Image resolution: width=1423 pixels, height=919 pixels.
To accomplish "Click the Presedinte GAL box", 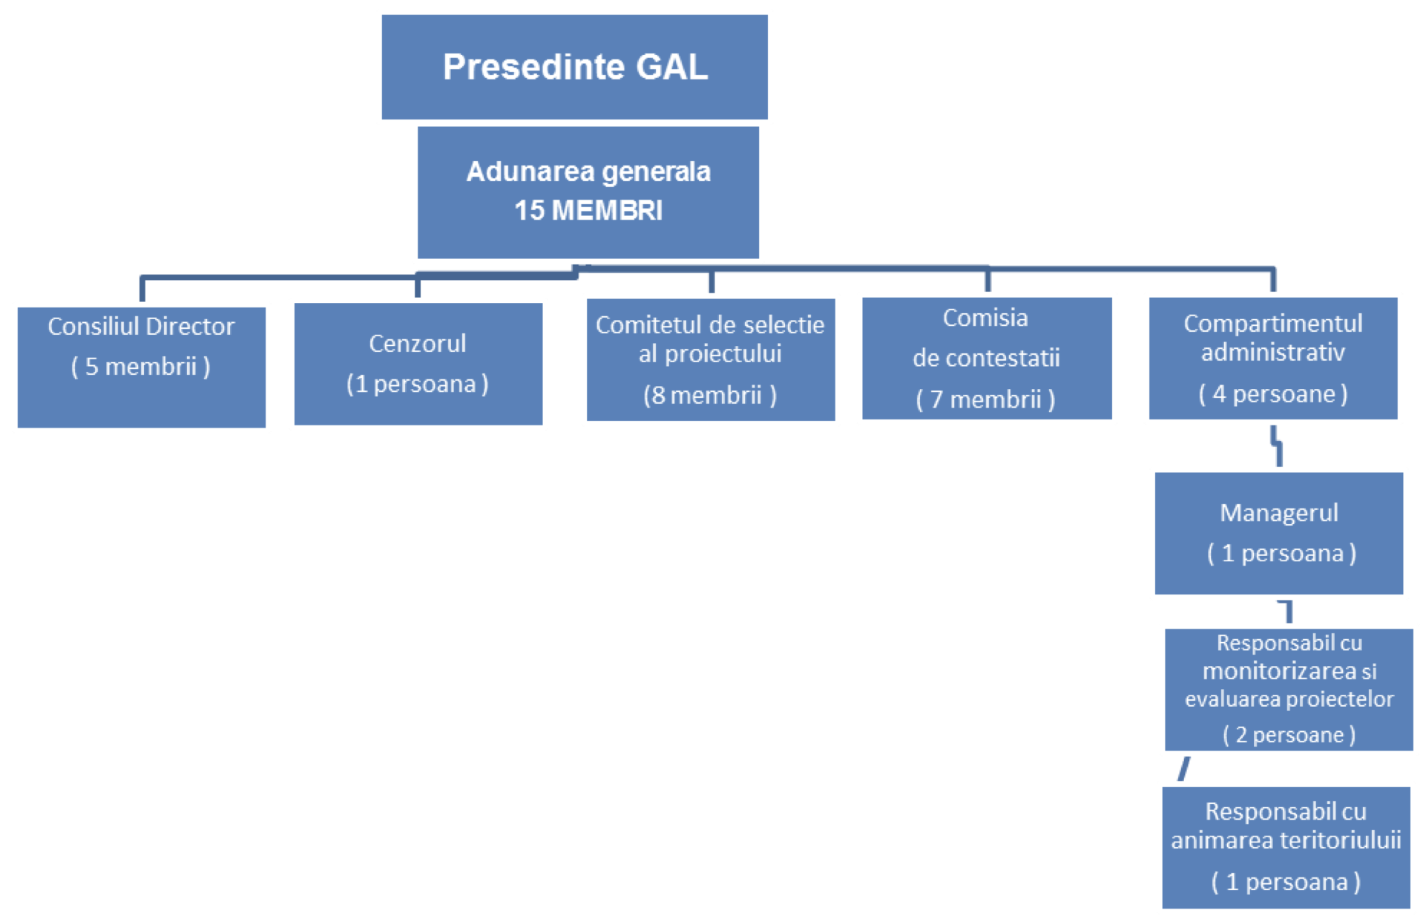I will [574, 67].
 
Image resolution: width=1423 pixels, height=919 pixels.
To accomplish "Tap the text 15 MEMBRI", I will [588, 210].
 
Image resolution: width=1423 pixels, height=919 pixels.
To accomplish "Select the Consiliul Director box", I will [141, 367].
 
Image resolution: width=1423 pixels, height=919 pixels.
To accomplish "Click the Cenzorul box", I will [418, 364].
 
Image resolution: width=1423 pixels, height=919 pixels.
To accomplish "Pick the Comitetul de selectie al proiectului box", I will [710, 359].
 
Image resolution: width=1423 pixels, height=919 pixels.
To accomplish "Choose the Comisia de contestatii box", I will [986, 359].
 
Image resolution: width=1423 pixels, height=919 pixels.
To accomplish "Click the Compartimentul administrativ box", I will [1272, 358].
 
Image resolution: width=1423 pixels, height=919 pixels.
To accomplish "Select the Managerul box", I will [1278, 533].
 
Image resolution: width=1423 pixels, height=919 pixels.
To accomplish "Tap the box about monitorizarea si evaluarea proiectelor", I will [1289, 689].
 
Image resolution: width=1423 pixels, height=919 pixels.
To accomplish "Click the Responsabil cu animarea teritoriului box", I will [1286, 847].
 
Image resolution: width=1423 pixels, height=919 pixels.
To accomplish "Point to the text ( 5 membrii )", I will [141, 366].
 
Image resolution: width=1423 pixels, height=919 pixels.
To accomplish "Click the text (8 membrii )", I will [710, 395].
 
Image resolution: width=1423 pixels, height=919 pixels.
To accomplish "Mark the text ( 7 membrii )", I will [985, 399].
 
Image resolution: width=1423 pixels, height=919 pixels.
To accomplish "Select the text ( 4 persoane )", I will [1272, 393].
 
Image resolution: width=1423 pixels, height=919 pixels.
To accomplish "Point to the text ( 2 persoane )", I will [1289, 734].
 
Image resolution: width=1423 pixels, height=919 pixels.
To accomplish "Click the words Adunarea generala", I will [588, 171].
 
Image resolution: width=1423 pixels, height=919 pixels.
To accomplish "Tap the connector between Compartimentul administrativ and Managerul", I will [1277, 446].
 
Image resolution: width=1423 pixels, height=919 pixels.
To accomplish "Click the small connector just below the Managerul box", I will [1288, 611].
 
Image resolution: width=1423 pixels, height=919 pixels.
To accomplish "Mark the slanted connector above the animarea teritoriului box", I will [1184, 768].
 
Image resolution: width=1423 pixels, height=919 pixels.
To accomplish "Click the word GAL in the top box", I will [671, 67].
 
